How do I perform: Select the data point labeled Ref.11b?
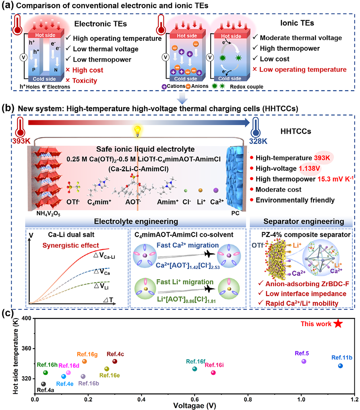coord(341,366)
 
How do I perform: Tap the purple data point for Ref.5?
coord(304,361)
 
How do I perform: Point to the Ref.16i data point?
coord(213,373)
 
